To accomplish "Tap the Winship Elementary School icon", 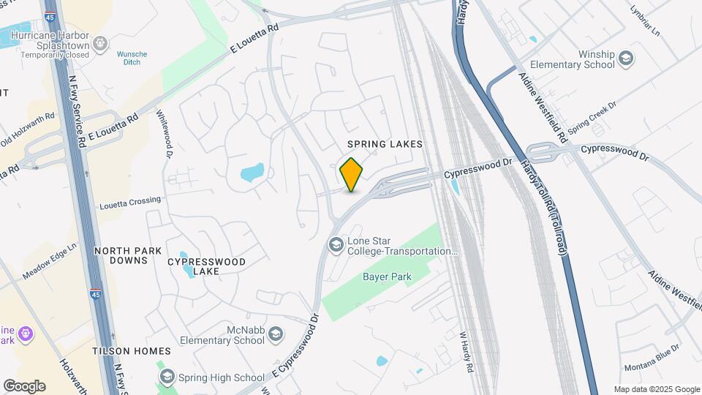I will (x=626, y=58).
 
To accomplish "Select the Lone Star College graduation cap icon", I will (x=336, y=244).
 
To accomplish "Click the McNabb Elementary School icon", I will (x=275, y=335).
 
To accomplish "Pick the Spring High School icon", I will (x=167, y=377).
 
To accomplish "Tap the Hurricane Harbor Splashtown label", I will (x=55, y=40).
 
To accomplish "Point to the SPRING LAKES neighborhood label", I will (x=385, y=144).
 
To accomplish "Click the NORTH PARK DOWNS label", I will (x=128, y=255).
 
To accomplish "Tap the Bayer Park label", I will (x=387, y=276).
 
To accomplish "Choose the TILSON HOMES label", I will (x=132, y=351).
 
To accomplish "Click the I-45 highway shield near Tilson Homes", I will (x=95, y=294).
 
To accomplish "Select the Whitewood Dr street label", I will (x=164, y=135).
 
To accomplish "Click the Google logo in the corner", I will (x=24, y=386).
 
